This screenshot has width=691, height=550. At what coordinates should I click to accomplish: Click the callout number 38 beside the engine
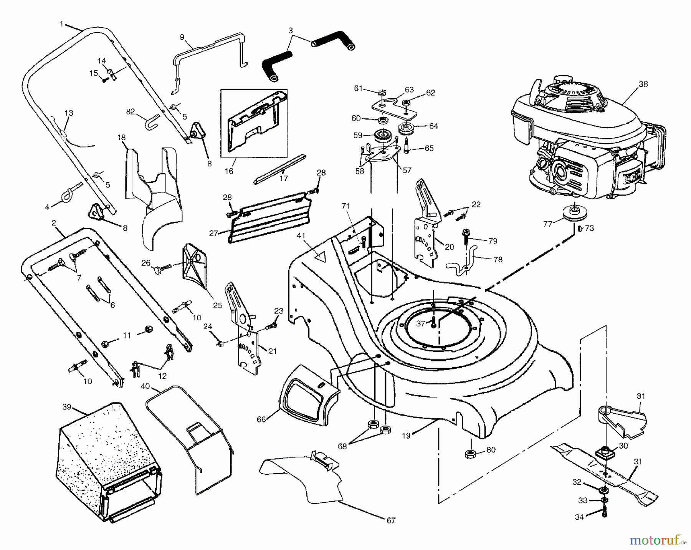click(643, 84)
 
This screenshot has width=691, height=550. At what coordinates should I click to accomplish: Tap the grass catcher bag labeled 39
click(104, 465)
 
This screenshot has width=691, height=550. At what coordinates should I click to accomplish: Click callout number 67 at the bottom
click(390, 520)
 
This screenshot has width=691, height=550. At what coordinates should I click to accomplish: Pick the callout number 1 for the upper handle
click(61, 24)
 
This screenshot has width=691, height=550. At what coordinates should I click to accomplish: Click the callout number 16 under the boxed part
click(229, 171)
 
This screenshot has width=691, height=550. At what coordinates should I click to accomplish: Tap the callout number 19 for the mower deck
click(406, 436)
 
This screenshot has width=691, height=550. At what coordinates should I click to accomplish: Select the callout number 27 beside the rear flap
click(213, 233)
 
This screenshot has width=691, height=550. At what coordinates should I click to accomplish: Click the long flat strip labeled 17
click(279, 169)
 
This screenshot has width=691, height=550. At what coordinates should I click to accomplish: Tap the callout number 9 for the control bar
click(182, 37)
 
